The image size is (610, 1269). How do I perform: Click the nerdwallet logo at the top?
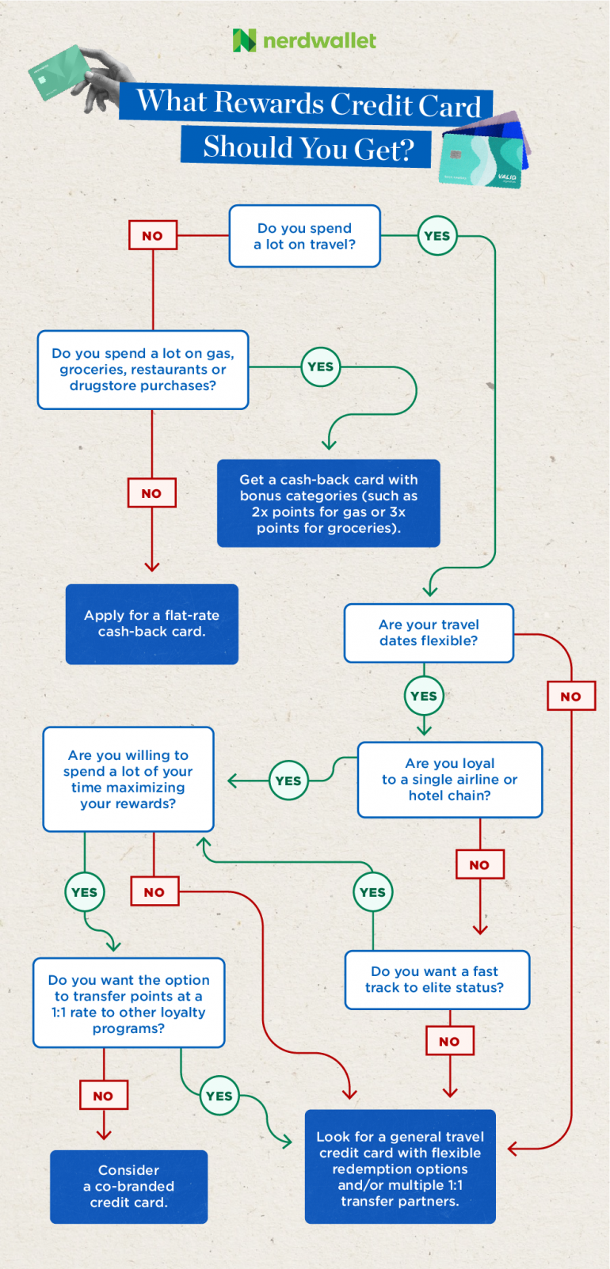[305, 40]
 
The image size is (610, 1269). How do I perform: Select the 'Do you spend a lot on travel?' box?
[305, 236]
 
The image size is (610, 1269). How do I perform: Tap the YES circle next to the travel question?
[437, 236]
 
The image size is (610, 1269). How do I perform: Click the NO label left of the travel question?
[153, 236]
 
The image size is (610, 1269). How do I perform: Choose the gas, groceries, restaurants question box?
[143, 370]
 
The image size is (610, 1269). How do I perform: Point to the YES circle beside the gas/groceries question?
[321, 367]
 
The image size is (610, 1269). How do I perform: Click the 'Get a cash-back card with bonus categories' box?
[329, 503]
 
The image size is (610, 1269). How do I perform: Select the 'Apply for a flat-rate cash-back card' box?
[152, 624]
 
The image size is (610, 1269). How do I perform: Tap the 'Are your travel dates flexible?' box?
[429, 633]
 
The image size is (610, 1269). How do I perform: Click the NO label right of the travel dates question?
[571, 697]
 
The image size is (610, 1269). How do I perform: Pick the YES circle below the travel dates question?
[424, 696]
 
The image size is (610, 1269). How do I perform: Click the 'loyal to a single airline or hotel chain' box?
[450, 780]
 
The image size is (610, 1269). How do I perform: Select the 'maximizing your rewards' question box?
[128, 780]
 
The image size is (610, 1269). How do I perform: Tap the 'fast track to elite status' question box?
[437, 980]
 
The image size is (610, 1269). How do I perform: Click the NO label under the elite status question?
[449, 1042]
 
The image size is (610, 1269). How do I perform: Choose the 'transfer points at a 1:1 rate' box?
[129, 1003]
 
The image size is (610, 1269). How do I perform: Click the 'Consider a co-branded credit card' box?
[129, 1187]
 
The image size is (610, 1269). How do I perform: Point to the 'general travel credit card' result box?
[400, 1168]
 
